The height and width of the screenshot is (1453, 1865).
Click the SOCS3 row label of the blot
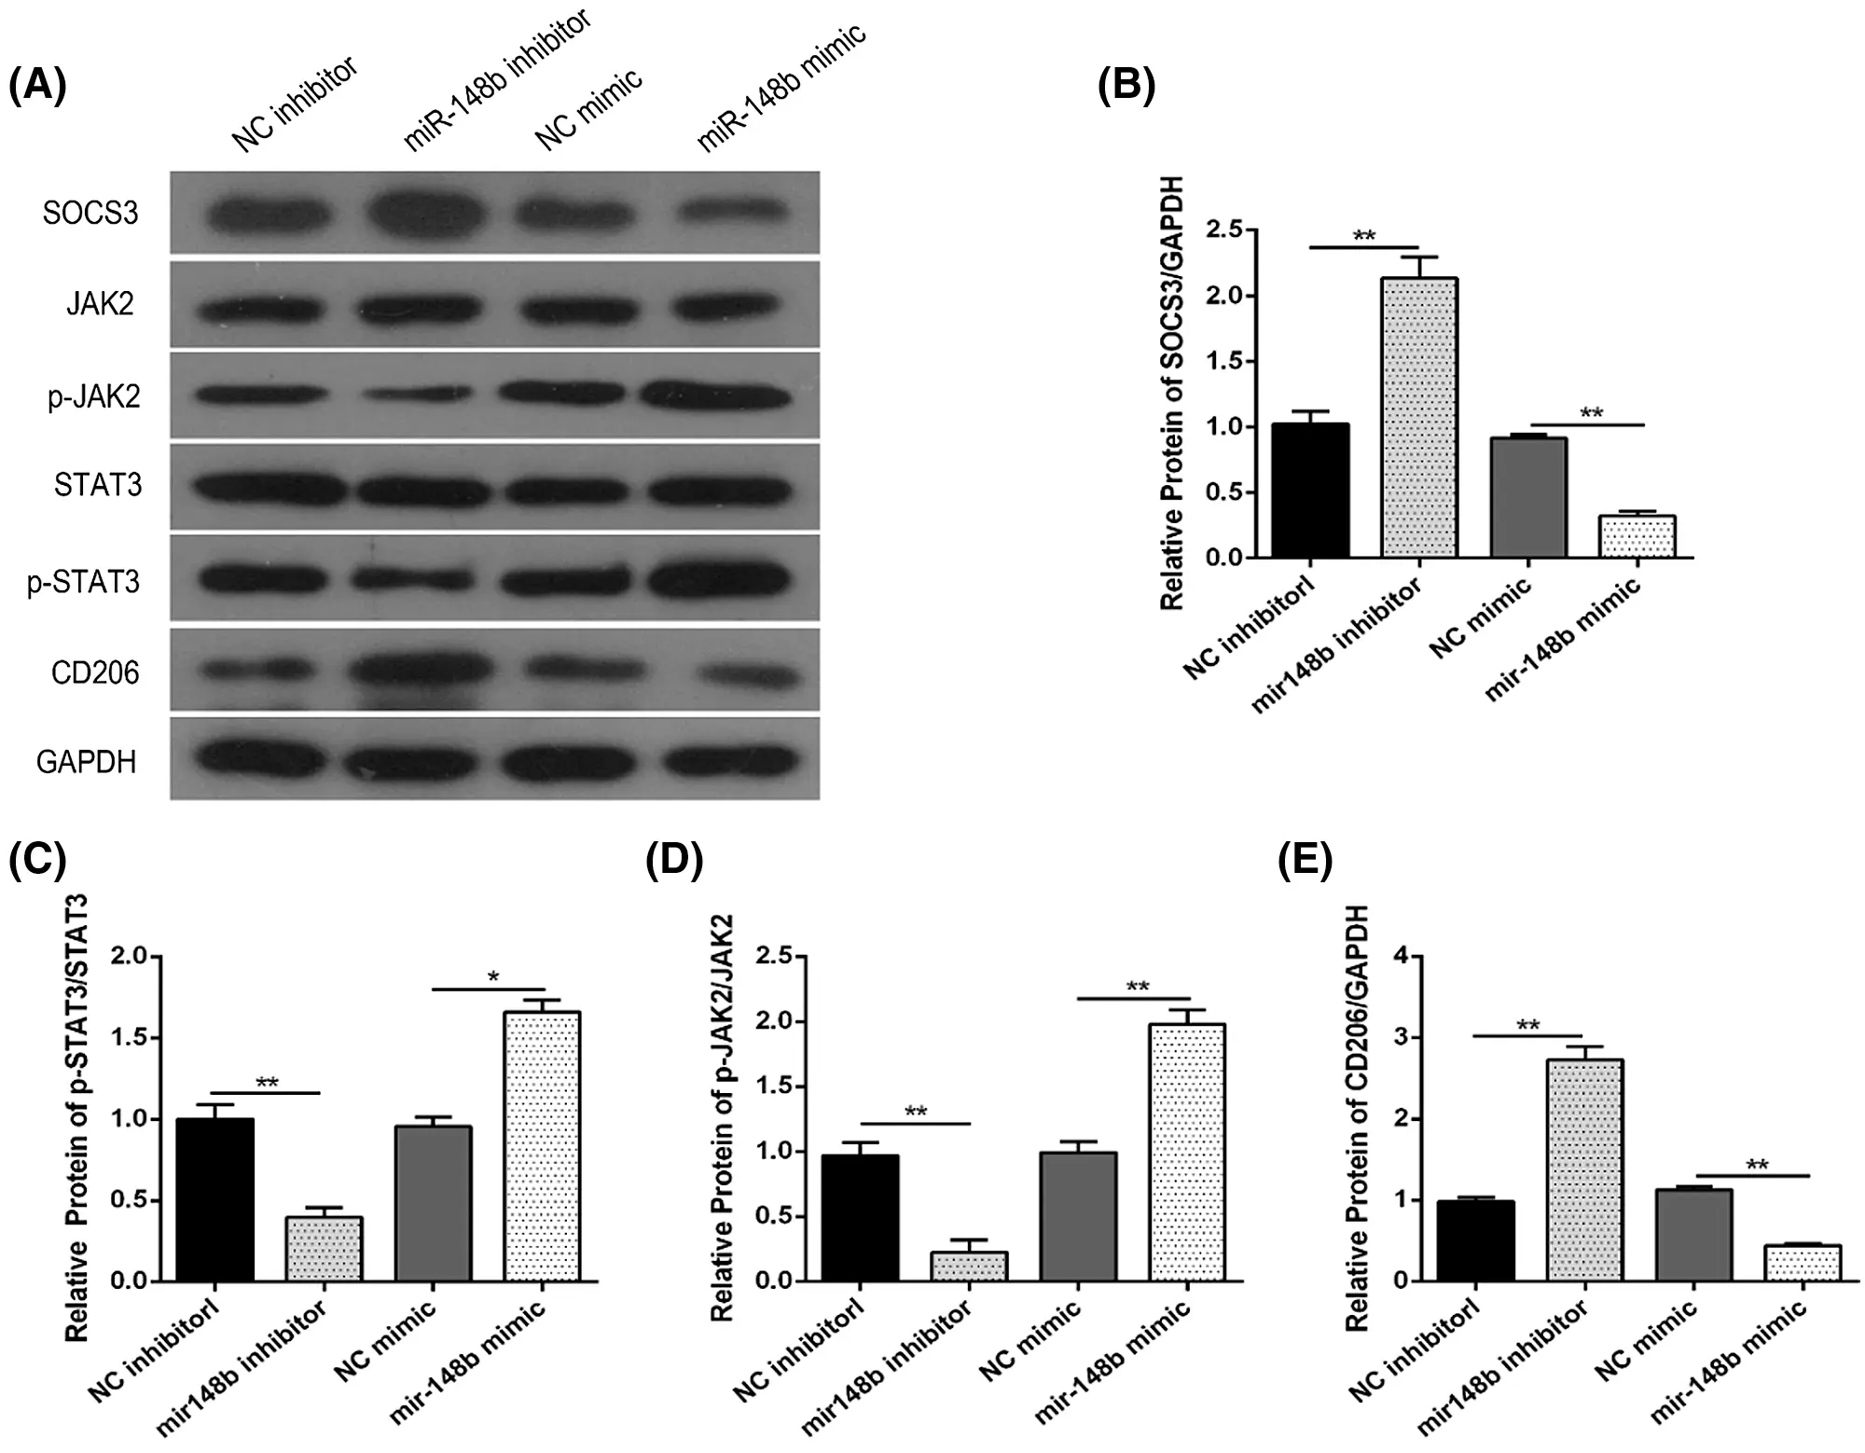90,214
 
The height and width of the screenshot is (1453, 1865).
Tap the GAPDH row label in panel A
87,762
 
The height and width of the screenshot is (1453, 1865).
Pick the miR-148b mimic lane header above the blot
781,89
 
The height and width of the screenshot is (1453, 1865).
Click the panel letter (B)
1126,86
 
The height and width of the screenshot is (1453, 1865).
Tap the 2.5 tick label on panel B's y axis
1224,229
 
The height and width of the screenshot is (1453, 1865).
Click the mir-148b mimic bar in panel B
1637,536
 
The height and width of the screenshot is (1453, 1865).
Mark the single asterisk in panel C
493,977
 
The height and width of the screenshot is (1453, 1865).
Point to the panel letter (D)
673,860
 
